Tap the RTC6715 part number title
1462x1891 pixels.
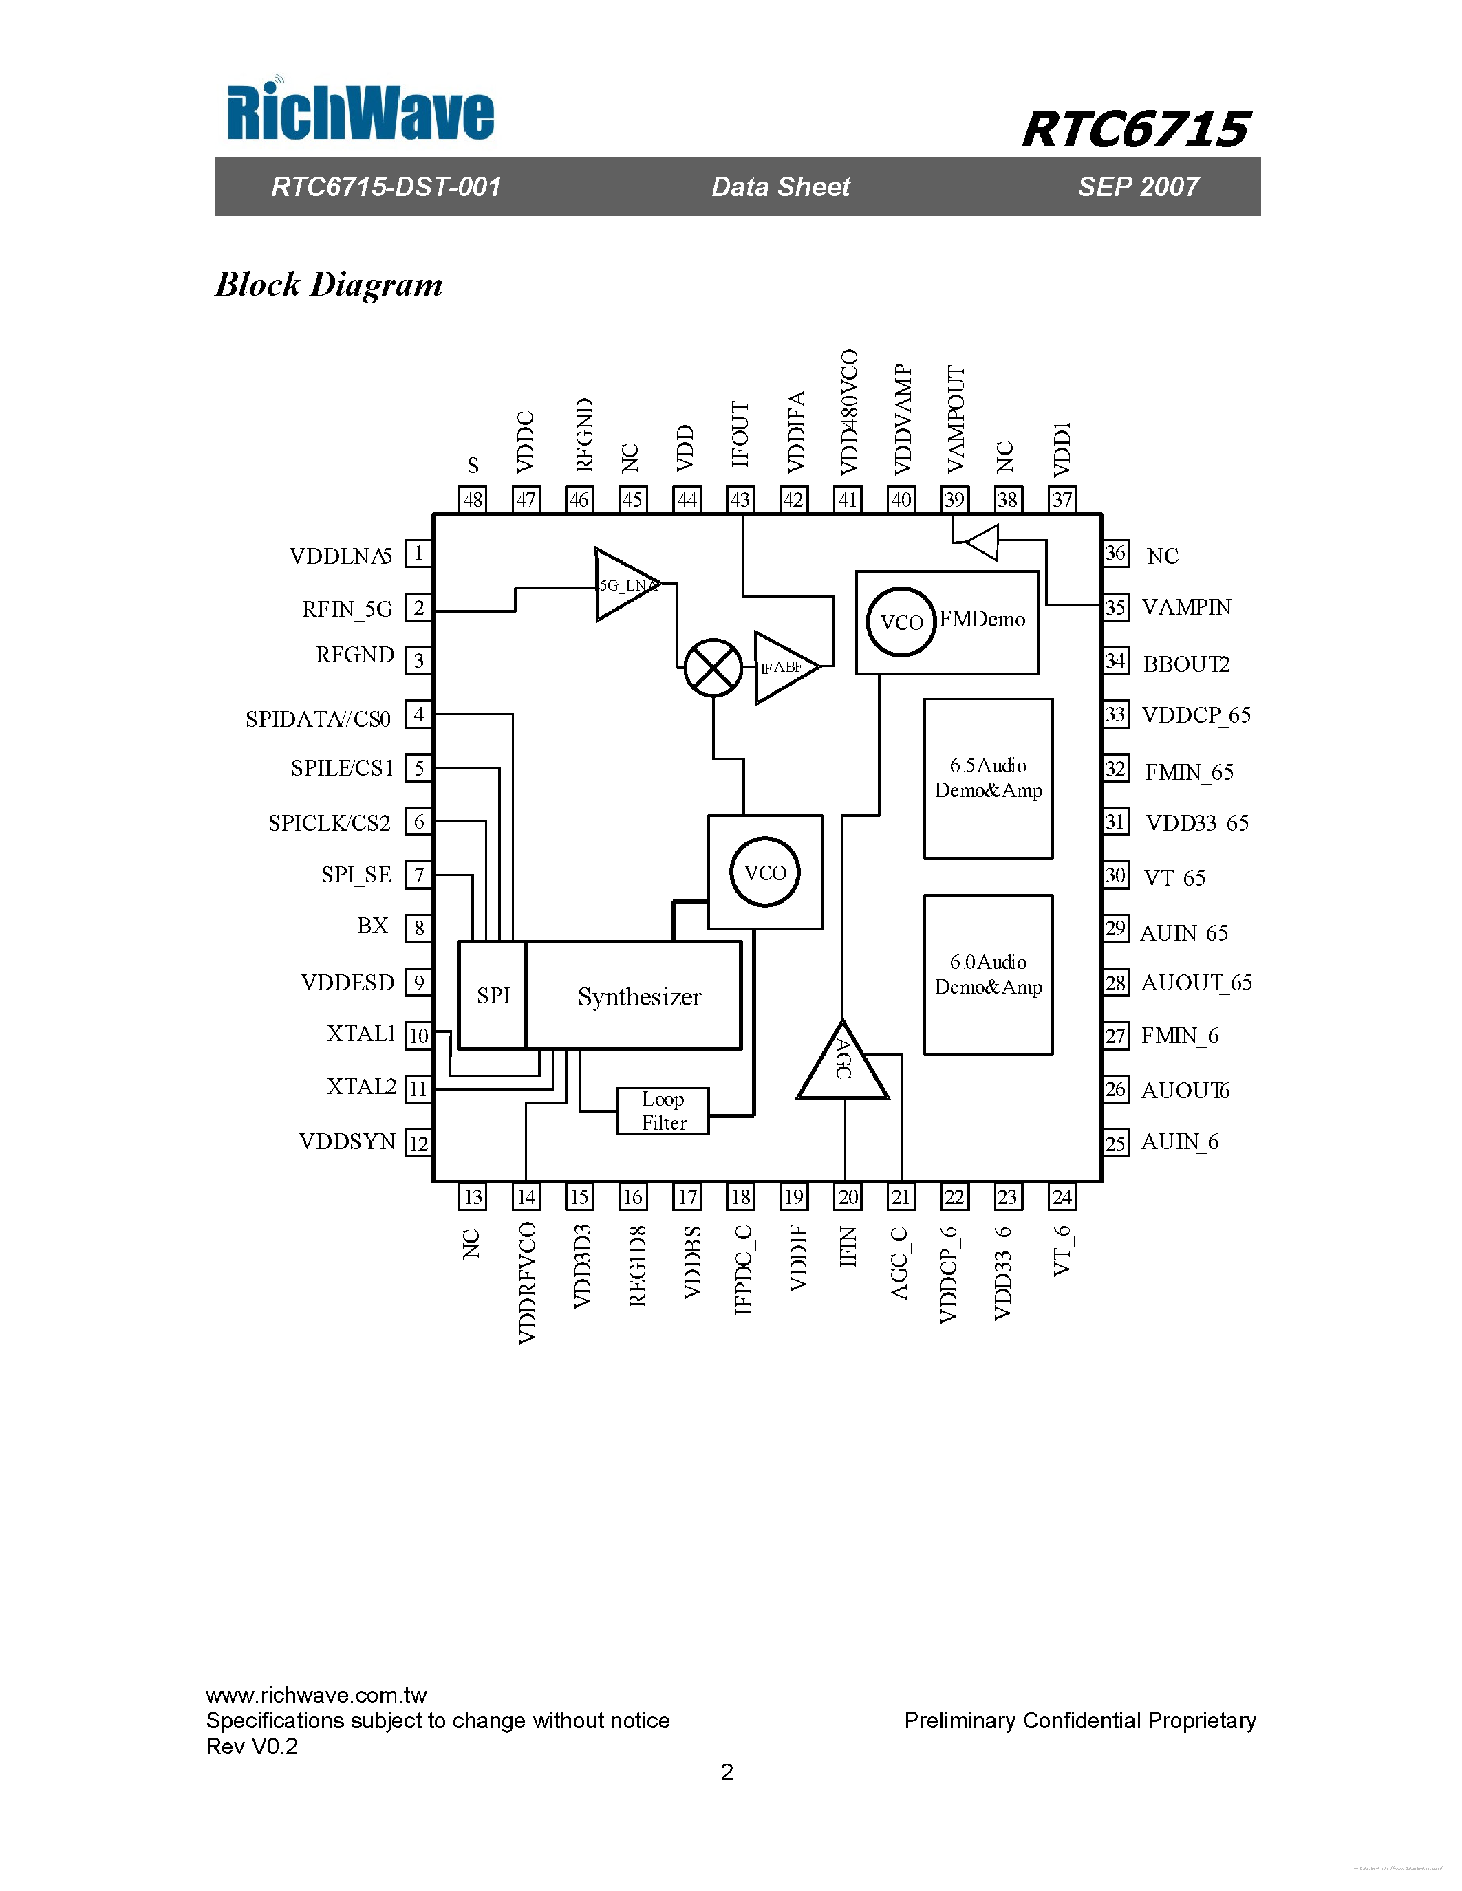pyautogui.click(x=1135, y=130)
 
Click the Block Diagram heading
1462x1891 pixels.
pyautogui.click(x=328, y=284)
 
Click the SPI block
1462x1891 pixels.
pyautogui.click(x=492, y=996)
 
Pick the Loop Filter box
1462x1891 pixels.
pyautogui.click(x=663, y=1111)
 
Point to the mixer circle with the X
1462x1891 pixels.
pyautogui.click(x=713, y=668)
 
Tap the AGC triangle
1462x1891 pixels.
pyautogui.click(x=842, y=1066)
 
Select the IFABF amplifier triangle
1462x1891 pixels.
pyautogui.click(x=783, y=667)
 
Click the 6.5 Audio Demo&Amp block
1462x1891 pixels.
pyautogui.click(x=988, y=778)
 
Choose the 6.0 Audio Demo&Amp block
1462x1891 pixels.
pyautogui.click(x=988, y=974)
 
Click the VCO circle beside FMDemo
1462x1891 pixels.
pyautogui.click(x=901, y=622)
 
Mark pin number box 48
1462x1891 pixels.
pyautogui.click(x=472, y=500)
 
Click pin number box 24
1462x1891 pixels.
pyautogui.click(x=1061, y=1196)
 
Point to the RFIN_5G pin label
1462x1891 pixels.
pyautogui.click(x=347, y=609)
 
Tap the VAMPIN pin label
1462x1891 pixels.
pyautogui.click(x=1185, y=607)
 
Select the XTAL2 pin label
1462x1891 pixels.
pyautogui.click(x=361, y=1086)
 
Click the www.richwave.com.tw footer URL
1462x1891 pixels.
pyautogui.click(x=316, y=1694)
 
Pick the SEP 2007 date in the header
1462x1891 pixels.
pyautogui.click(x=1138, y=186)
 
